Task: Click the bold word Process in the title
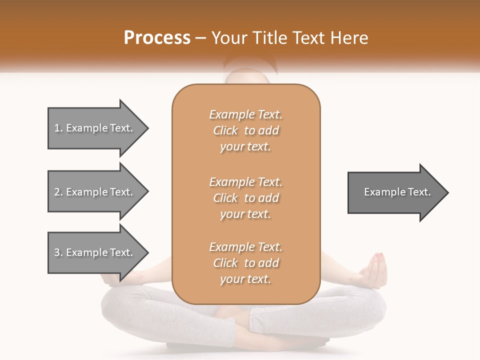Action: click(157, 38)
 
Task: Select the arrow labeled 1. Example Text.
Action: click(95, 128)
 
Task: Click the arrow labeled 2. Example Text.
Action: click(95, 192)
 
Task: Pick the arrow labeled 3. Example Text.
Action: click(95, 252)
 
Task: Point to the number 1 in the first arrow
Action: click(57, 128)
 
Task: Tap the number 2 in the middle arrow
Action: click(57, 192)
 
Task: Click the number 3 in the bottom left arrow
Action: click(57, 252)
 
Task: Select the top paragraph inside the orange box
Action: click(245, 130)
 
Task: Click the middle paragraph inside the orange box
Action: click(245, 198)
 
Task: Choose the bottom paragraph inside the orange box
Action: click(245, 263)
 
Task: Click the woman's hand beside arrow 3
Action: click(120, 278)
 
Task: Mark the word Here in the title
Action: click(349, 38)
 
